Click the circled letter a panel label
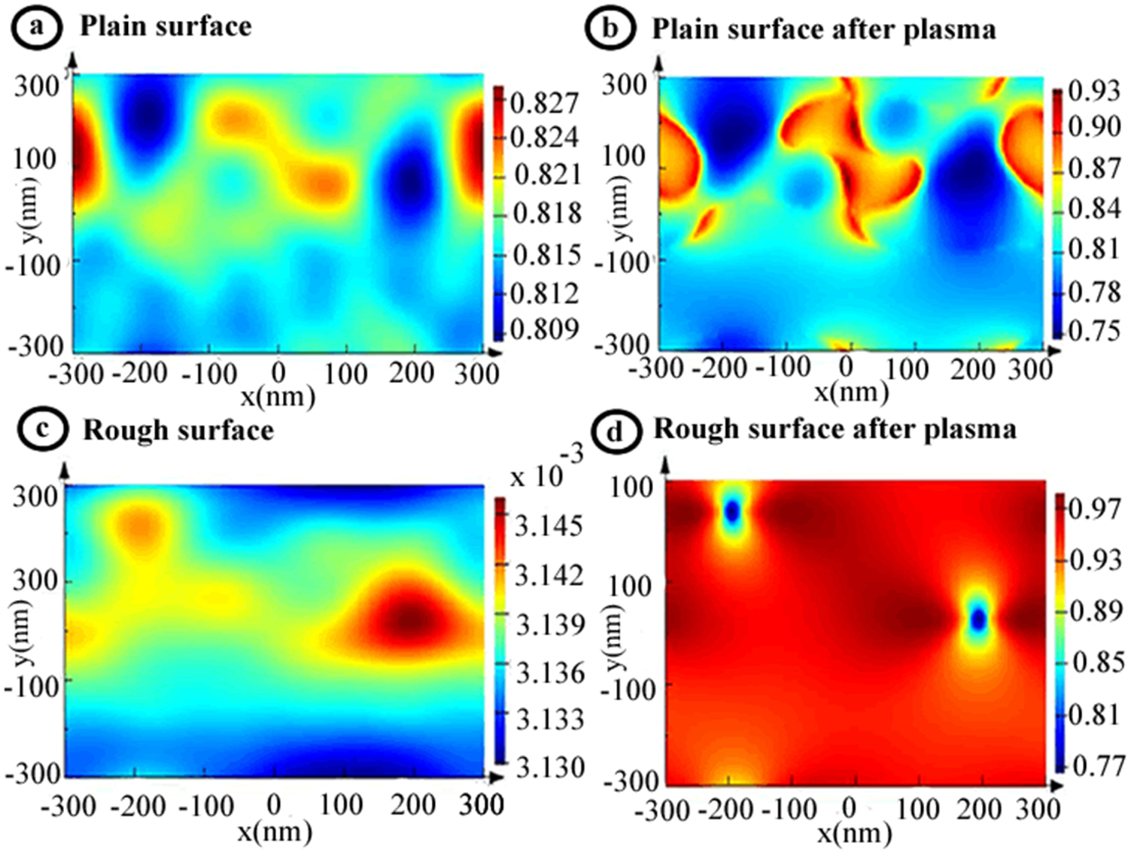pos(35,28)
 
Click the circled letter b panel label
pos(610,29)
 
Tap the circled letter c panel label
pos(42,430)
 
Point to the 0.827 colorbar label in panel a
pos(544,102)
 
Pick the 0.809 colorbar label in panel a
pos(544,329)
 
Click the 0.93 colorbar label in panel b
pos(1094,91)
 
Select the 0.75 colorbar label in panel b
pos(1094,330)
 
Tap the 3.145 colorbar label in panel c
pos(549,526)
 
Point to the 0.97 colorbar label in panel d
pos(1095,509)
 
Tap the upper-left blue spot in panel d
pos(732,512)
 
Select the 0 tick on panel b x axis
pos(847,366)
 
